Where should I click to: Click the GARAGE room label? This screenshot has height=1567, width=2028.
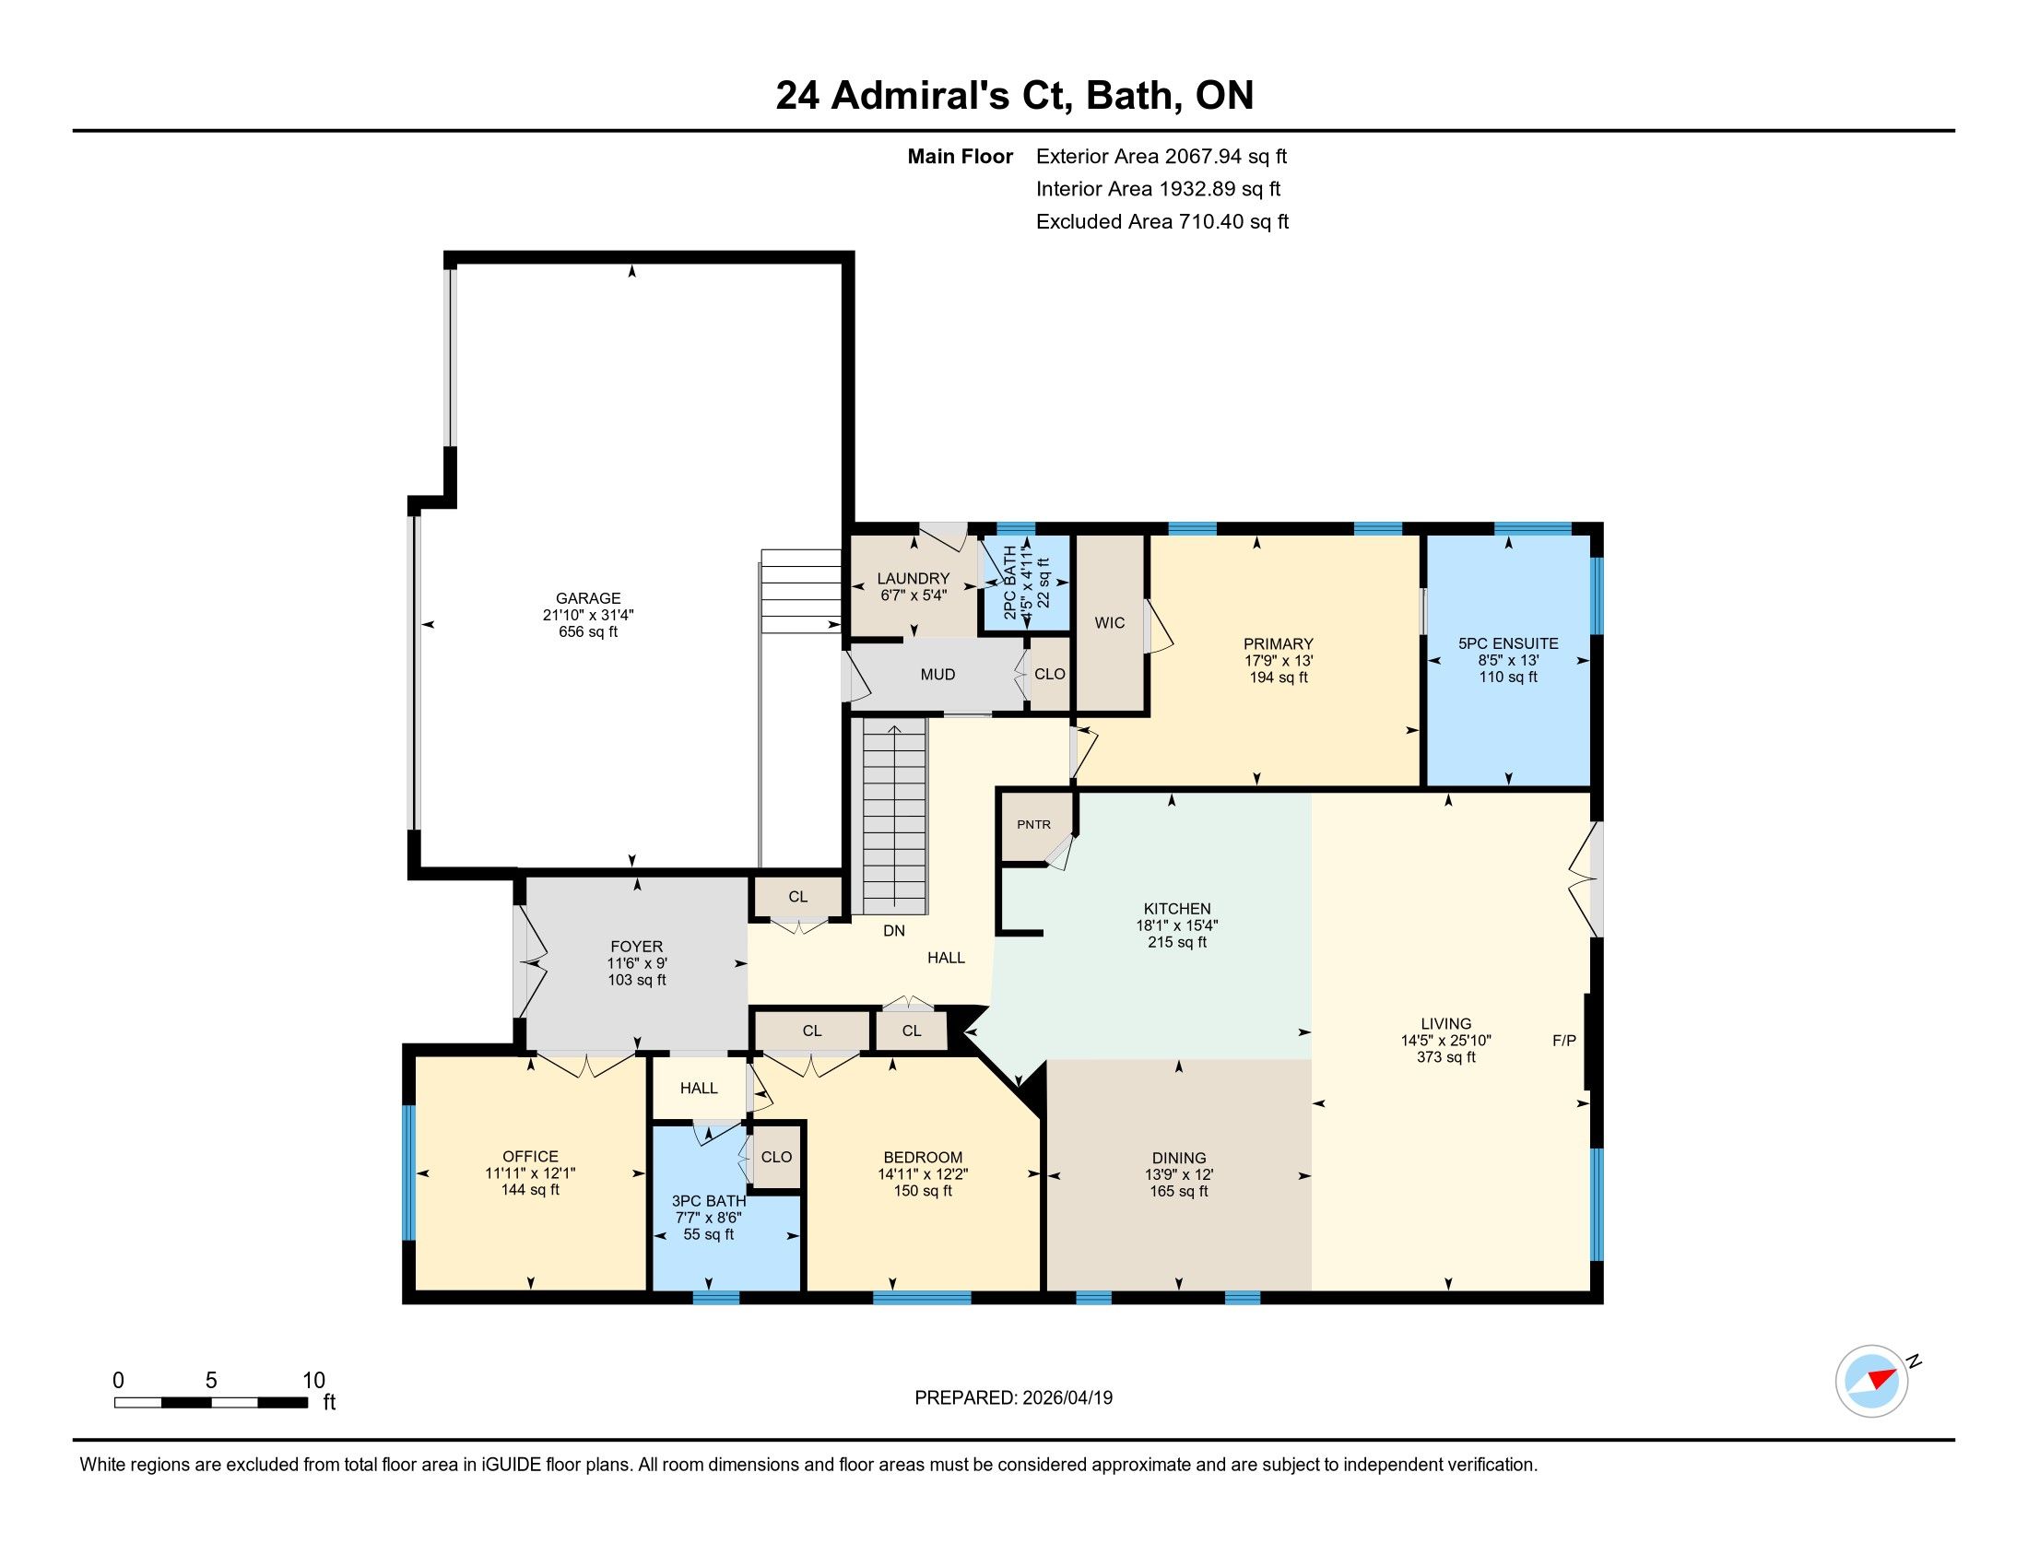pos(588,599)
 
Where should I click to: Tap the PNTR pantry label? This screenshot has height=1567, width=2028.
pos(1033,824)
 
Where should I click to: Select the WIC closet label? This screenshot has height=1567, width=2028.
pos(1110,623)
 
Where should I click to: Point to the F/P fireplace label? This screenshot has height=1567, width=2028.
pos(1564,1041)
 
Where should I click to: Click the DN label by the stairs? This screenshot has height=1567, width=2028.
pos(893,930)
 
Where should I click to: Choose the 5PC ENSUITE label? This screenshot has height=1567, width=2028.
pos(1508,643)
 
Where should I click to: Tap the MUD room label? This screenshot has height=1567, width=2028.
pos(937,675)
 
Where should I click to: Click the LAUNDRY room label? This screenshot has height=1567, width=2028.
pos(913,578)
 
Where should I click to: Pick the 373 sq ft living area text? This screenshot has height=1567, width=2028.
pos(1445,1057)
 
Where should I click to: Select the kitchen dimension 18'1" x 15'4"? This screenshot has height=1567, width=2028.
pos(1176,925)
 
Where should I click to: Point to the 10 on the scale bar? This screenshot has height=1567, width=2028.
pos(313,1380)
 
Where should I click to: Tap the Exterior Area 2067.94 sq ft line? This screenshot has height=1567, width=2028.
pos(1161,156)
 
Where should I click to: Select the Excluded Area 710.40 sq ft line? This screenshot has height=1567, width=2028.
pos(1162,222)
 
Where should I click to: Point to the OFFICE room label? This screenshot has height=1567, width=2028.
pos(530,1157)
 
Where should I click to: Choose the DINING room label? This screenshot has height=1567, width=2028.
pos(1179,1159)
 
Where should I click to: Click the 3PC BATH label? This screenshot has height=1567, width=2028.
pos(709,1201)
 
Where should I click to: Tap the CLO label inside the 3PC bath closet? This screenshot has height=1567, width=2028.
pos(776,1157)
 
